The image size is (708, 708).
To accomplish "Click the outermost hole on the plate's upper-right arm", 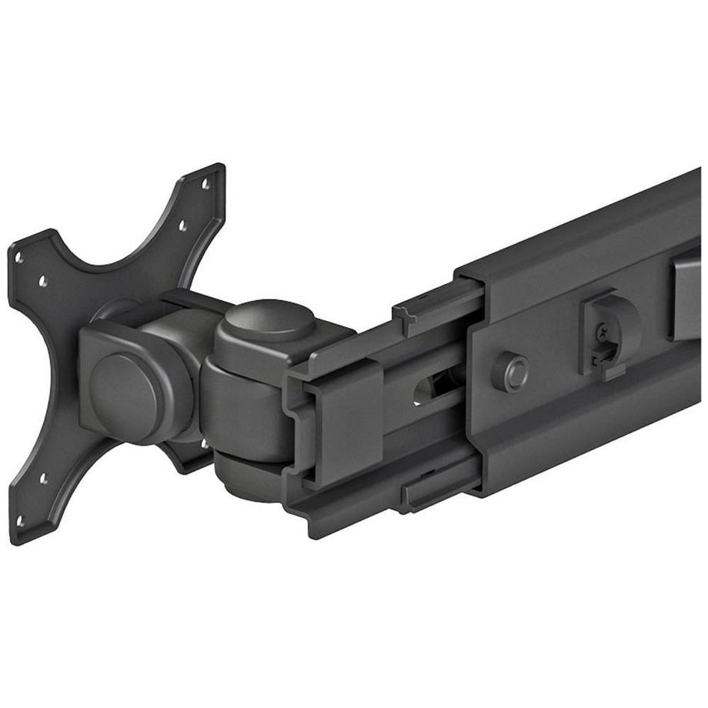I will (205, 185).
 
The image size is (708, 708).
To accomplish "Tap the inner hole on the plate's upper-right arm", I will (182, 225).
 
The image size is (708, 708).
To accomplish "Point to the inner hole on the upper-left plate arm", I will (43, 282).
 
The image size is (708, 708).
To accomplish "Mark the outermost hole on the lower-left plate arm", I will (19, 520).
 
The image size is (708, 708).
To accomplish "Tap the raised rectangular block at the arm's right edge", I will (686, 296).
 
